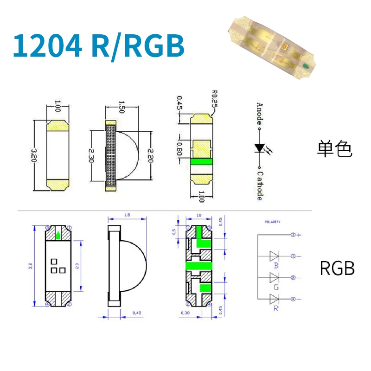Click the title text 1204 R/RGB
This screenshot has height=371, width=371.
[x=98, y=45]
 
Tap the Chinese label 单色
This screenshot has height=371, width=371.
[x=335, y=149]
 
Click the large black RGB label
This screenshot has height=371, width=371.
[x=337, y=268]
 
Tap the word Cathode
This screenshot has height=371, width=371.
[x=260, y=186]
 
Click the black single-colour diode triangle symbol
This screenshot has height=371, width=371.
[x=259, y=148]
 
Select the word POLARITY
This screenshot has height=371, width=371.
[x=273, y=222]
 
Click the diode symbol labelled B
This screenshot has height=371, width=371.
[x=275, y=256]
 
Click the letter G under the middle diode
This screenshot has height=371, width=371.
[x=276, y=287]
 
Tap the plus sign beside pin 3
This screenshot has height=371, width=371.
[x=300, y=235]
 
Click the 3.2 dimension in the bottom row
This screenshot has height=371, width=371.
[x=30, y=266]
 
